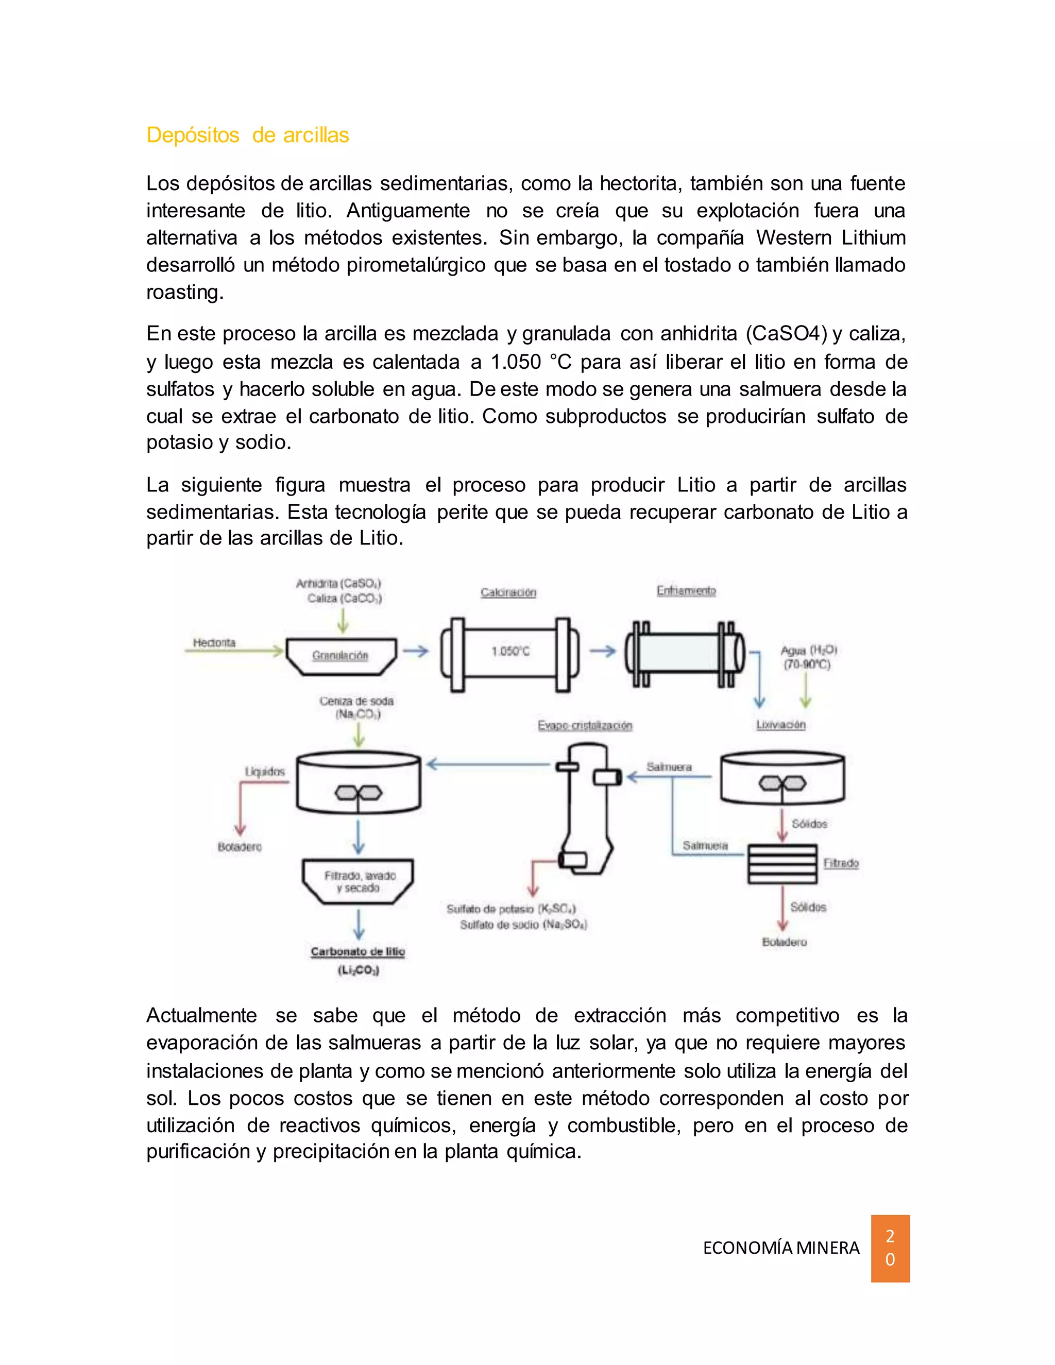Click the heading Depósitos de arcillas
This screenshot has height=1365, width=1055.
(247, 135)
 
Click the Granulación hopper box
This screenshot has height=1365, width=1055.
(341, 656)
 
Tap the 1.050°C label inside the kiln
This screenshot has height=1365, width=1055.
(510, 651)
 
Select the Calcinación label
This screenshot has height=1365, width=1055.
(508, 592)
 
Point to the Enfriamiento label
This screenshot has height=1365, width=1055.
(686, 591)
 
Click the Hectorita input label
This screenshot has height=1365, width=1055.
(214, 642)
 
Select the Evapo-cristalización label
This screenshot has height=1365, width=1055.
(585, 725)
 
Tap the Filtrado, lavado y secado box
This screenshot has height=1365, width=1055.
(359, 881)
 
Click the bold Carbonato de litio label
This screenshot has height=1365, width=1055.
(358, 951)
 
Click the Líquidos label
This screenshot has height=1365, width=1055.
(265, 771)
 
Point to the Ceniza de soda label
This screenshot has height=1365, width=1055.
(356, 701)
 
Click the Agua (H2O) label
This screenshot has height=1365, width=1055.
(808, 650)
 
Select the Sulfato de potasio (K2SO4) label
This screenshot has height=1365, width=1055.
(511, 909)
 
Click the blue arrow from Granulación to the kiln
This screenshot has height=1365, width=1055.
(415, 651)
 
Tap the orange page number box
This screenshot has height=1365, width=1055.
(890, 1248)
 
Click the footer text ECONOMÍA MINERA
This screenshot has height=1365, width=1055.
(781, 1248)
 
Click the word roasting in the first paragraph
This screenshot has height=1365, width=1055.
(184, 292)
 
